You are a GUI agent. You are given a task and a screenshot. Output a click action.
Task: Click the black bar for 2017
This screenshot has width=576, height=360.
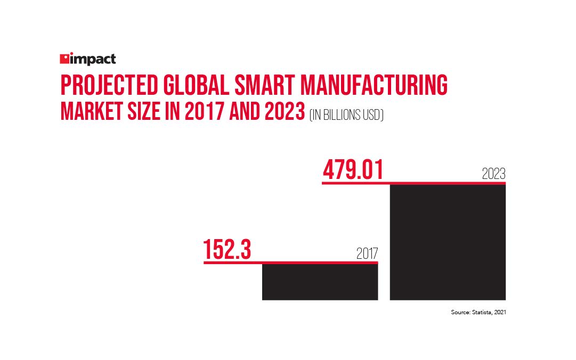[x=320, y=282]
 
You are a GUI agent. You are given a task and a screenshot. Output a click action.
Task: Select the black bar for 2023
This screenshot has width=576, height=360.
[x=448, y=242]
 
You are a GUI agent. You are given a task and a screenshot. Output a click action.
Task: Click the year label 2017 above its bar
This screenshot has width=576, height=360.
[x=367, y=254]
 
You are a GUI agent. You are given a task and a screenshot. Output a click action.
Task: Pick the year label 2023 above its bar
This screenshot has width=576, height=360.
[x=493, y=174]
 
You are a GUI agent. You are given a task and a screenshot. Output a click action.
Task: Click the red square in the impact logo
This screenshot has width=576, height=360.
[x=64, y=59]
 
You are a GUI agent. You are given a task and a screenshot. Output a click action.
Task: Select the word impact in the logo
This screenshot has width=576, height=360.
[x=93, y=59]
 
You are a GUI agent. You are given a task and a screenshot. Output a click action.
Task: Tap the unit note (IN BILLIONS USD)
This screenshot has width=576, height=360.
[x=346, y=114]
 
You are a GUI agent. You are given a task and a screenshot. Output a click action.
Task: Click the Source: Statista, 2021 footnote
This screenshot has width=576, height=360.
[x=478, y=313]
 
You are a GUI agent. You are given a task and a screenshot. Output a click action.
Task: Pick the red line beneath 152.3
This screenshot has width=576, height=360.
[x=290, y=262]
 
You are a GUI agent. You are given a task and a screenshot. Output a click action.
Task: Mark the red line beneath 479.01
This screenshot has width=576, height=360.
[x=413, y=183]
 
